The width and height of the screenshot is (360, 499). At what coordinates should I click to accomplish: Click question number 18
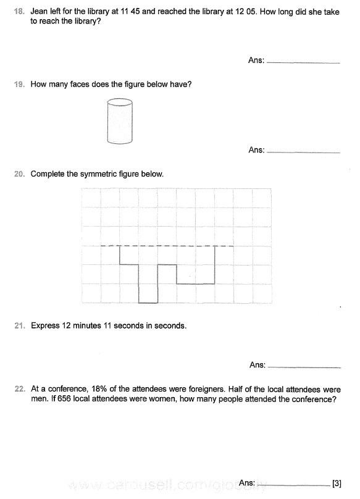click(19, 10)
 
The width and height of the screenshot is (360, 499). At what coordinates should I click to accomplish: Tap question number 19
click(19, 84)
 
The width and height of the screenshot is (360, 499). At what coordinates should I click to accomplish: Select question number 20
click(19, 174)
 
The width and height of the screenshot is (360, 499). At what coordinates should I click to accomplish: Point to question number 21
click(19, 325)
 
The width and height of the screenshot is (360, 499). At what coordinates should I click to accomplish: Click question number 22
click(19, 390)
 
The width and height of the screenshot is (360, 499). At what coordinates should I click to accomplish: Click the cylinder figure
click(120, 122)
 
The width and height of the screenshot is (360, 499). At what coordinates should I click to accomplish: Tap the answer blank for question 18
click(304, 62)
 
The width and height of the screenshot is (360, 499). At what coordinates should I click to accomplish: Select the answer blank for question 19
click(304, 151)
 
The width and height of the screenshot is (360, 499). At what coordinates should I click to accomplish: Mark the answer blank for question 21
click(305, 366)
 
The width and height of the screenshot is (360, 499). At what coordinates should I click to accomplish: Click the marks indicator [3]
click(337, 483)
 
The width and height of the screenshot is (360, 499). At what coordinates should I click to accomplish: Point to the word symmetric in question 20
click(99, 174)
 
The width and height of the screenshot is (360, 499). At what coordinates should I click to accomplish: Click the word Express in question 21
click(44, 325)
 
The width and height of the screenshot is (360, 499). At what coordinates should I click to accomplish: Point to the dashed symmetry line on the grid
click(167, 246)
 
